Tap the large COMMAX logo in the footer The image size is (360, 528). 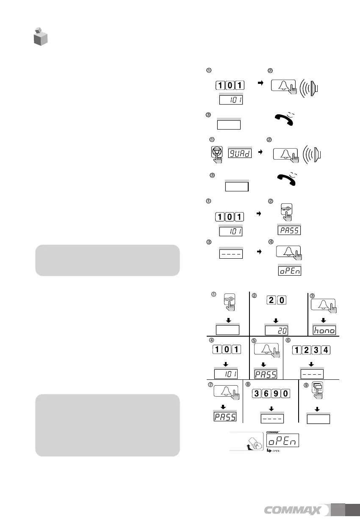click(296, 510)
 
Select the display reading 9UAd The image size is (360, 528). click(239, 152)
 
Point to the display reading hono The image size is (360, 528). click(324, 330)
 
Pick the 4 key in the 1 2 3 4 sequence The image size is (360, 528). click(325, 350)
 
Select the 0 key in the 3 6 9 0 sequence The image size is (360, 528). click(286, 393)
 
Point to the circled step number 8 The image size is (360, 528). click(248, 384)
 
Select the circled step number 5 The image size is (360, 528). click(254, 340)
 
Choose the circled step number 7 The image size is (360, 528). click(211, 384)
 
